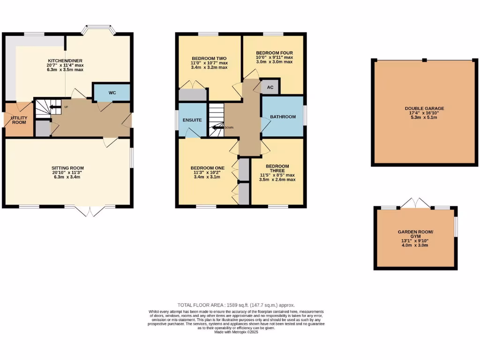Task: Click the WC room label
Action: [112, 93]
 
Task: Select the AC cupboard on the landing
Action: [270, 87]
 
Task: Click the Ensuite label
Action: [193, 120]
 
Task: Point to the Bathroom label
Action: [283, 116]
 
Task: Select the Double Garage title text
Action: [424, 108]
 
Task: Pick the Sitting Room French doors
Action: [89, 211]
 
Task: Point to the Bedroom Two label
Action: [209, 58]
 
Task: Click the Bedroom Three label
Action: [277, 169]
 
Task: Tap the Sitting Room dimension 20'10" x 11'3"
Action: [67, 172]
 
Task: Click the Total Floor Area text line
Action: [236, 305]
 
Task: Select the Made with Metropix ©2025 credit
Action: [236, 332]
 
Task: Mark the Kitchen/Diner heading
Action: [66, 61]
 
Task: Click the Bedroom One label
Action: [207, 168]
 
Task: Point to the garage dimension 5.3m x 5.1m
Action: [424, 117]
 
